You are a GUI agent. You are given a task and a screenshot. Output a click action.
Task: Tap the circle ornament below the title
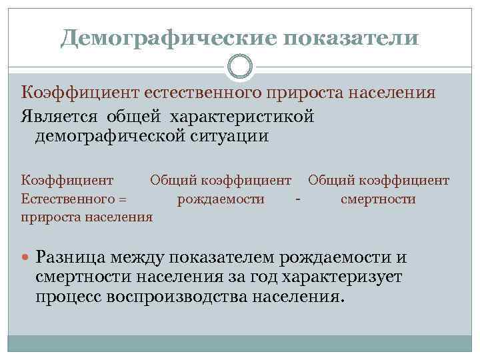coord(240,67)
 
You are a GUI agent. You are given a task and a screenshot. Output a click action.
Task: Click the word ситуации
coord(231,137)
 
